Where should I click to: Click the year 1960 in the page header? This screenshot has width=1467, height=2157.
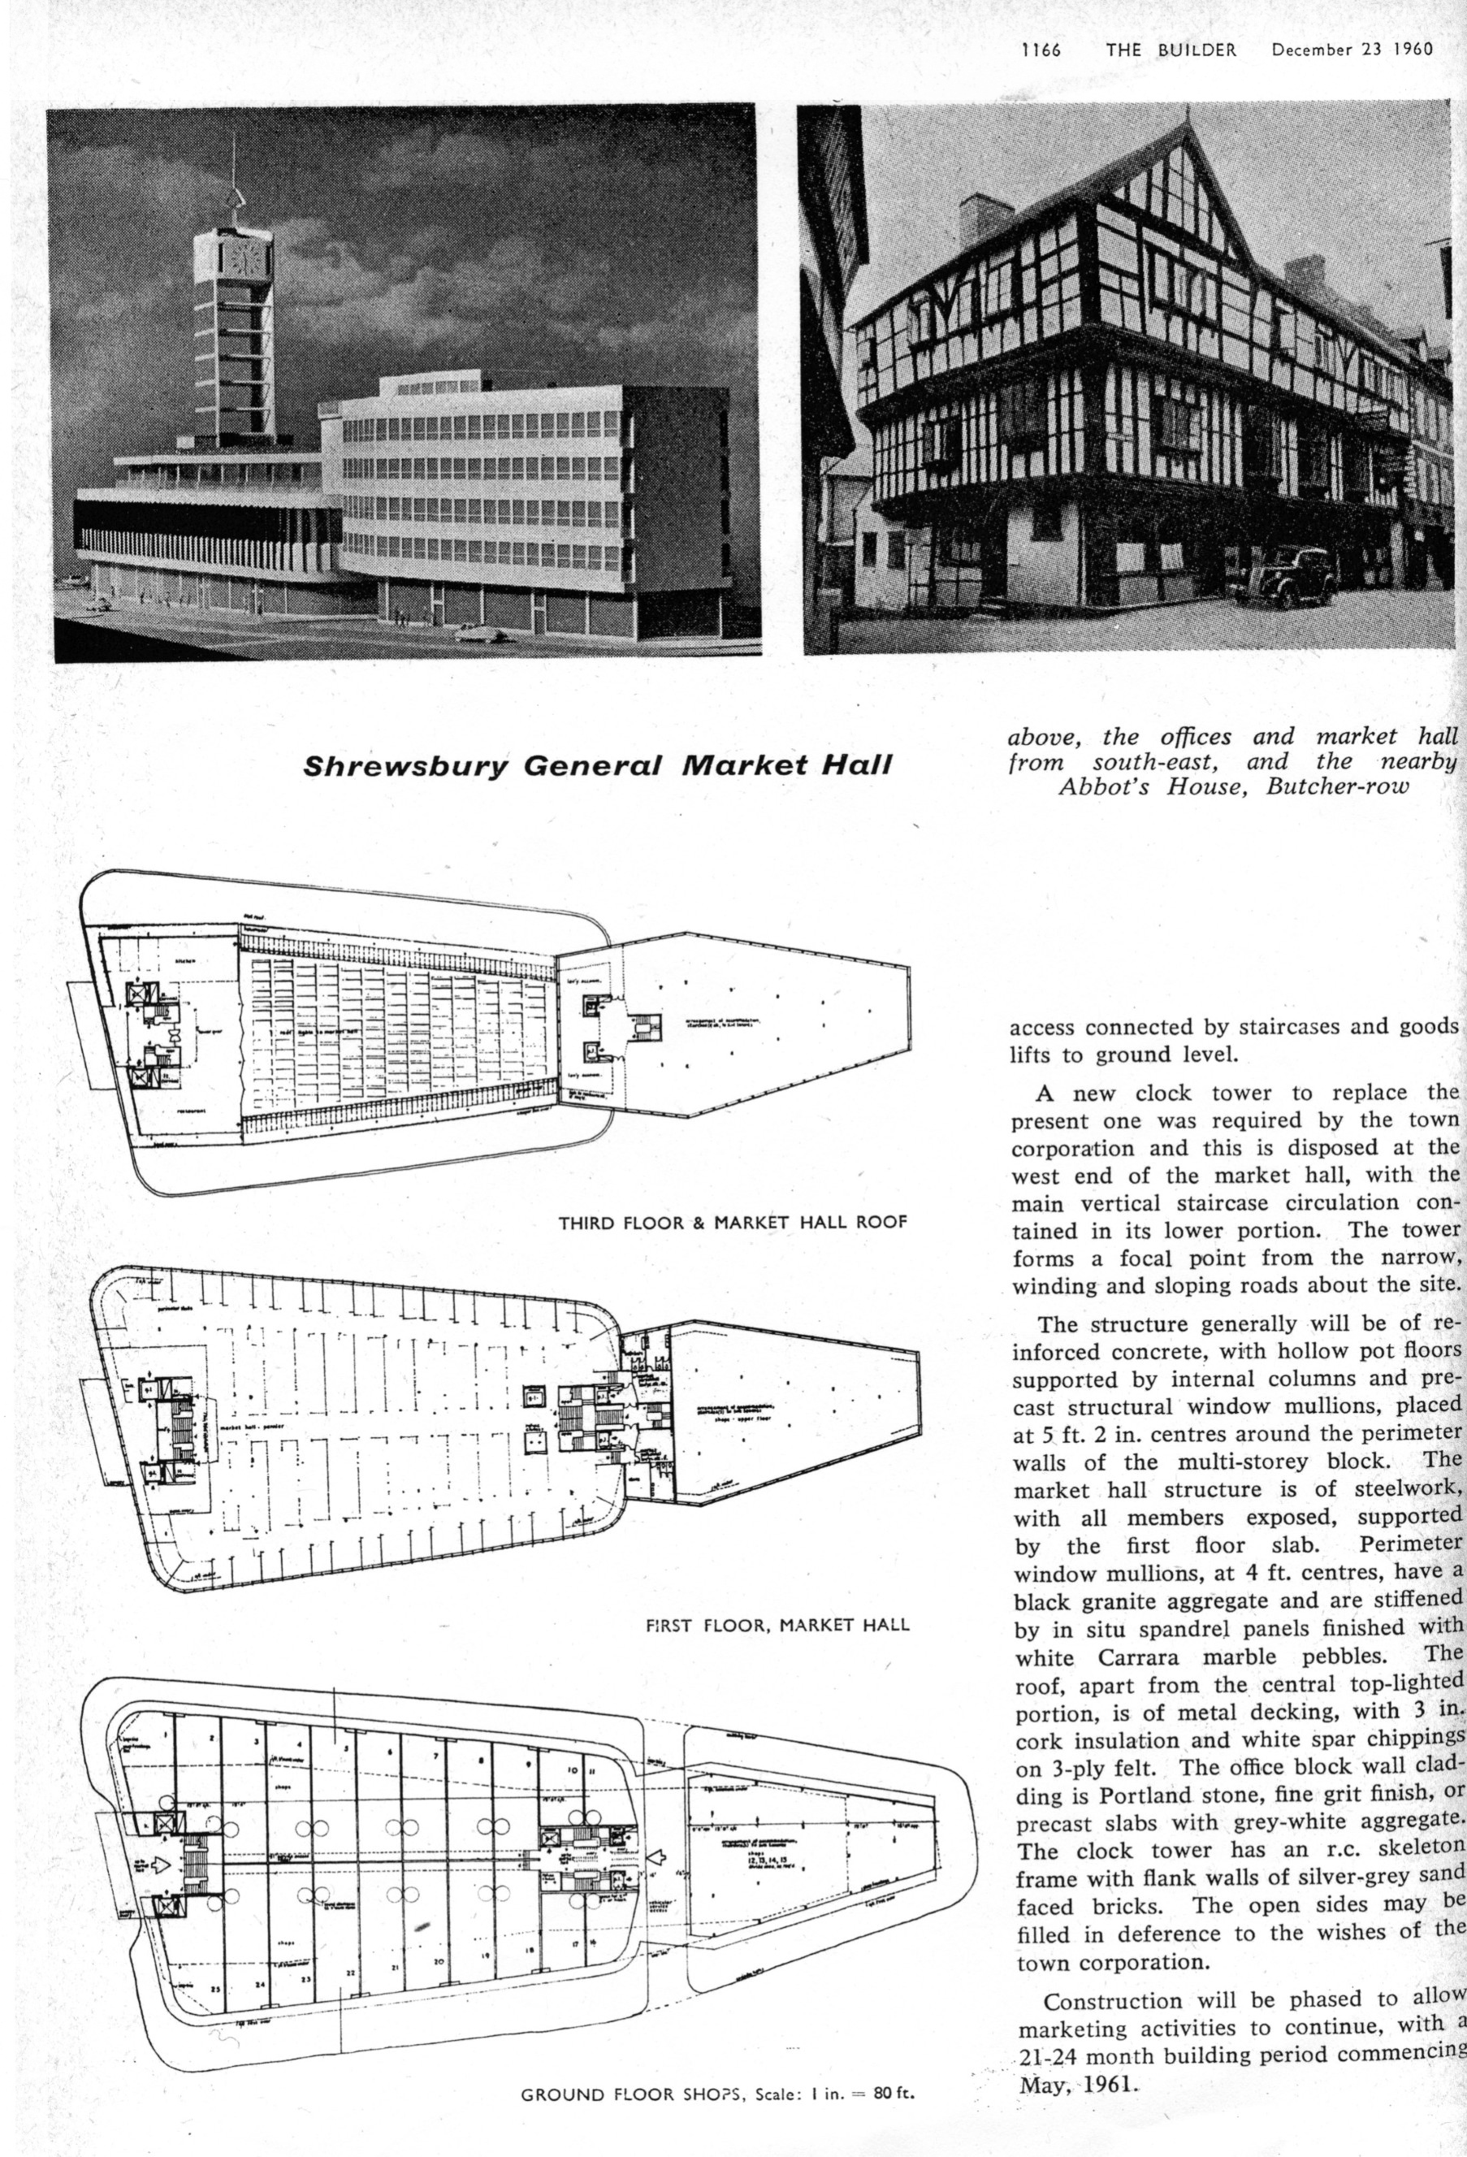1410,50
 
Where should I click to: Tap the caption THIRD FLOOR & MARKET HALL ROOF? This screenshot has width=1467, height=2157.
732,1223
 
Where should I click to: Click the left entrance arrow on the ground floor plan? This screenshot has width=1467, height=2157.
162,1865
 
